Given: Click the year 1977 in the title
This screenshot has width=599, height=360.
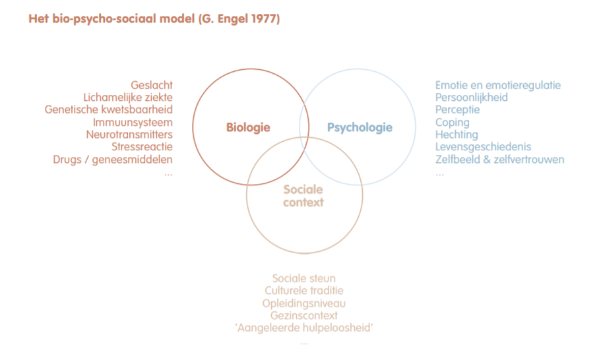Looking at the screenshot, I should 263,18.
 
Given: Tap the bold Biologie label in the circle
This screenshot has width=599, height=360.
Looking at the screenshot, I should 248,127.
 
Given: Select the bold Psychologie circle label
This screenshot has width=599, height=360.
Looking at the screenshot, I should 360,127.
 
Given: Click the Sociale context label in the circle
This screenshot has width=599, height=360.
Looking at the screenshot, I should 303,196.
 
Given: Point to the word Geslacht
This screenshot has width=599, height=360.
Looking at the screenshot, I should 152,85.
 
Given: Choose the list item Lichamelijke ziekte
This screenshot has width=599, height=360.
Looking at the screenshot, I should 128,98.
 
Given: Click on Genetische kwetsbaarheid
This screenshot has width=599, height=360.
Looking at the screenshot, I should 109,109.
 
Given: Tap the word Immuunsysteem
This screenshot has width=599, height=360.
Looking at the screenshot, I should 133,122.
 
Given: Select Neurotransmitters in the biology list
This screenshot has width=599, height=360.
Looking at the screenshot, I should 129,135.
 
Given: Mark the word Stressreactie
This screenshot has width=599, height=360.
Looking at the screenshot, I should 142,146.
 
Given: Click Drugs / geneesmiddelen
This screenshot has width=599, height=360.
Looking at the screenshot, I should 113,159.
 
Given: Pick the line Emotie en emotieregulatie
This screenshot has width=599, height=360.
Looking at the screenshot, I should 498,85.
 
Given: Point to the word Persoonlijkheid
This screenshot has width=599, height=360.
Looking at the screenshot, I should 472,98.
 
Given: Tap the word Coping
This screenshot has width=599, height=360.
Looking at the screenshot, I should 453,122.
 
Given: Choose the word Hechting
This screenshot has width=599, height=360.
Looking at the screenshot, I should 457,135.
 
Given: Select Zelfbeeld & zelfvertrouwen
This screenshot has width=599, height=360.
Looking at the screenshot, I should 500,159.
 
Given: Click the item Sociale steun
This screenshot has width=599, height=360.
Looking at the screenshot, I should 303,278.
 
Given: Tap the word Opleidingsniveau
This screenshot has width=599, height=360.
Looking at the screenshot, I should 303,303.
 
